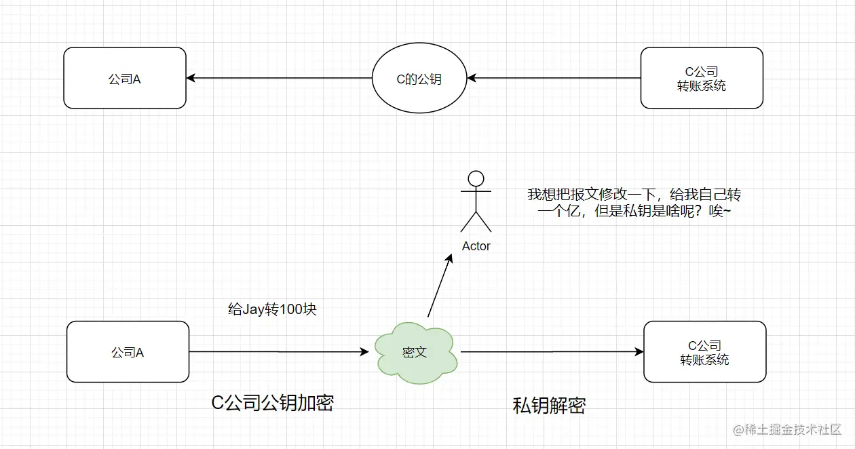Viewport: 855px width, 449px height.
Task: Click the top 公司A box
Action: [125, 78]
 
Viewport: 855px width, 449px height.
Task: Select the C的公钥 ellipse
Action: [419, 79]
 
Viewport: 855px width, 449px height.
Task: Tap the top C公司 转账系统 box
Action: [702, 78]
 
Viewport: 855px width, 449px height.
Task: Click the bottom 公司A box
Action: [128, 352]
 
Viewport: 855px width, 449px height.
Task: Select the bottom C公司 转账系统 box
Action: [704, 352]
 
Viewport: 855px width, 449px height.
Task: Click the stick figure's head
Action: [476, 179]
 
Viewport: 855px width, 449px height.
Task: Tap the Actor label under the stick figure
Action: [476, 246]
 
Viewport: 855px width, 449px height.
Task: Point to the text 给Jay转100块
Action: [272, 310]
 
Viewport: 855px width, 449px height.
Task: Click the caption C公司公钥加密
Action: [273, 403]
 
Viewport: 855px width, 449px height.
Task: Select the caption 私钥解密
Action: [549, 406]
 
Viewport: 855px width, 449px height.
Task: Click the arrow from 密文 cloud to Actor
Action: [439, 285]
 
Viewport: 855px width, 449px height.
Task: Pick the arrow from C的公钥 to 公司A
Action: [279, 78]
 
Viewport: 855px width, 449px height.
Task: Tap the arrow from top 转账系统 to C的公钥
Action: [554, 78]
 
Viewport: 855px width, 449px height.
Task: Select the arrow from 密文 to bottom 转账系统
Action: [552, 352]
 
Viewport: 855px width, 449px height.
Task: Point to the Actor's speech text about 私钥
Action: [634, 203]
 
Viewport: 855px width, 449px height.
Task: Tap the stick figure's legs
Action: [476, 221]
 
